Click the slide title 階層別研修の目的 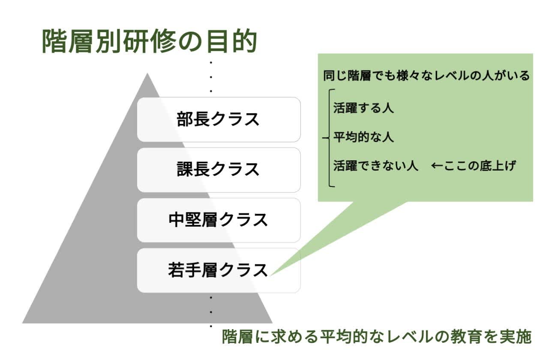pyautogui.click(x=149, y=42)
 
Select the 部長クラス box pyautogui.click(x=219, y=119)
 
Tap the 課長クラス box pyautogui.click(x=219, y=169)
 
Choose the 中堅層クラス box pyautogui.click(x=219, y=220)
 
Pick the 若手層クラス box pyautogui.click(x=219, y=270)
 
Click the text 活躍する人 pyautogui.click(x=363, y=108)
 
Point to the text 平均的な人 pyautogui.click(x=363, y=137)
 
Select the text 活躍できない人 pyautogui.click(x=376, y=165)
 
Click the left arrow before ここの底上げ pyautogui.click(x=437, y=165)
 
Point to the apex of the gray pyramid pyautogui.click(x=147, y=74)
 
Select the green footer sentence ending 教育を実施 pyautogui.click(x=377, y=337)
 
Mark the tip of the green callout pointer pyautogui.click(x=271, y=275)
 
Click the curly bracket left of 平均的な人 pyautogui.click(x=326, y=138)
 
